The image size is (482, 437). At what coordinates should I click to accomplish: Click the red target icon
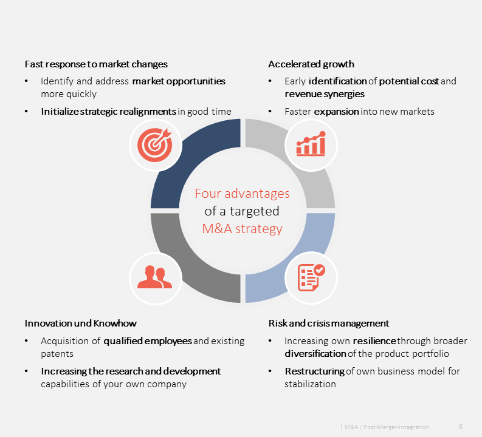coord(154,145)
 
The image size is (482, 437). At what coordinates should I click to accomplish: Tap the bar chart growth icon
coord(311,144)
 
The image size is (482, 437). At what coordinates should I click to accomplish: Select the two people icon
coord(154,277)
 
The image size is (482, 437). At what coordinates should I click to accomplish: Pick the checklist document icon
coord(311,277)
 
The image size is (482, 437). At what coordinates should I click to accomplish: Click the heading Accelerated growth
coord(311,64)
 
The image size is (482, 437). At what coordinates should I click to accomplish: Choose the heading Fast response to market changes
coord(96,64)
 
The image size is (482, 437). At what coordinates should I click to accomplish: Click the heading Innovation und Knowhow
coord(81,323)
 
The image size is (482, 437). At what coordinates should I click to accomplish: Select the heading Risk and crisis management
coord(329,323)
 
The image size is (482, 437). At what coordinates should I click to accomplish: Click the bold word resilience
coord(374,341)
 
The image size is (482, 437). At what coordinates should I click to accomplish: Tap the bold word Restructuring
coord(315,371)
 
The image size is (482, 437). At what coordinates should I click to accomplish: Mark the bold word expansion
coord(336,112)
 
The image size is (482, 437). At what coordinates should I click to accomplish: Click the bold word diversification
coord(315,353)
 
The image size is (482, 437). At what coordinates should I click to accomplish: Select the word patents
coord(57,354)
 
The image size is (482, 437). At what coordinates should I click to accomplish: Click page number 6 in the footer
coord(461,427)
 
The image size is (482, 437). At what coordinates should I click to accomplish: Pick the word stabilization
coord(310,384)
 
